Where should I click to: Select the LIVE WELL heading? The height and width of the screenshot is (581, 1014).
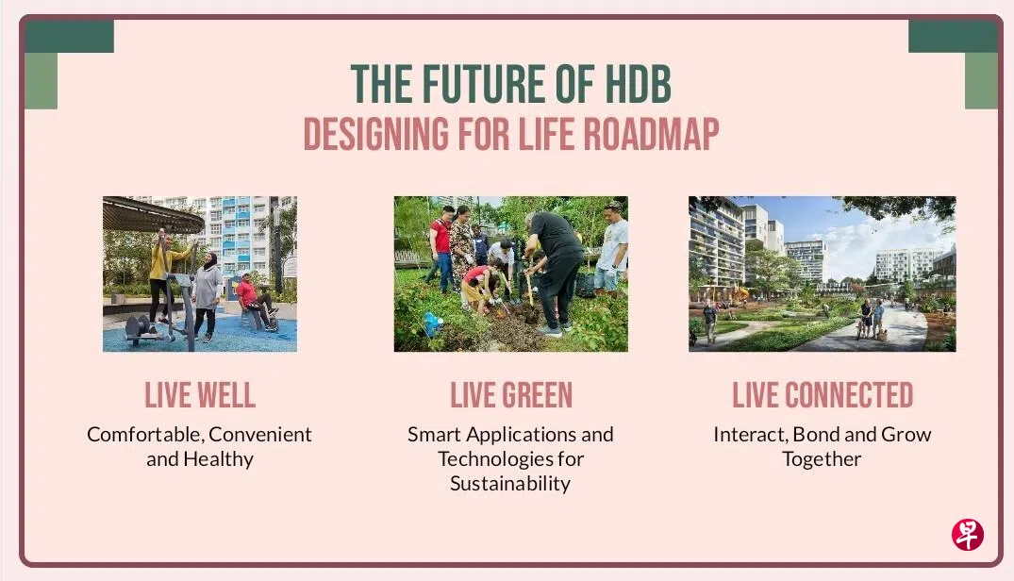coord(200,395)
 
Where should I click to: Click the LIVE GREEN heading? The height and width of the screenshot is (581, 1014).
coord(511,395)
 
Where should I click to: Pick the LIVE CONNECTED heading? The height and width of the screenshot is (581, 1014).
coord(822,395)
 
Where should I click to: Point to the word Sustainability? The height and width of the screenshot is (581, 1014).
coord(510,484)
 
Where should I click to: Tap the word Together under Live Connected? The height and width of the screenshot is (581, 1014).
coord(822,458)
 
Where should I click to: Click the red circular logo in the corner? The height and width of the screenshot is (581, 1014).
coord(968,535)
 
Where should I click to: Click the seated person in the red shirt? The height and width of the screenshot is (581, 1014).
coord(255,301)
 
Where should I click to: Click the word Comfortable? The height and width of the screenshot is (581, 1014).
coord(144,434)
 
